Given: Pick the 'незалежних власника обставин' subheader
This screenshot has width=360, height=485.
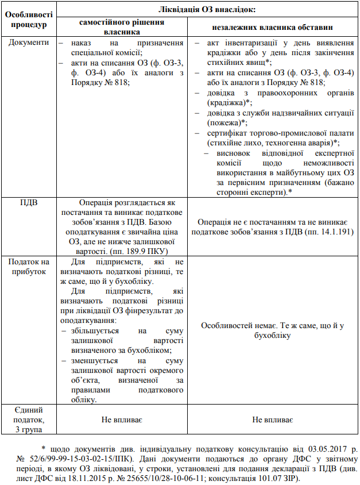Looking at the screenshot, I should coord(272,27).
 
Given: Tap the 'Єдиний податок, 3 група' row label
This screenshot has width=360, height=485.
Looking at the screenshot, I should coord(25,419).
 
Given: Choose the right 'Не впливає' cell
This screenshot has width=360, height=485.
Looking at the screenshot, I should coord(273,420).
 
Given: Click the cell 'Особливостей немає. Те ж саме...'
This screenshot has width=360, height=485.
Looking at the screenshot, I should coord(273,330).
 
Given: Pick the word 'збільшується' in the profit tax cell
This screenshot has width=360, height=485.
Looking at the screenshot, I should coord(96,331).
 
